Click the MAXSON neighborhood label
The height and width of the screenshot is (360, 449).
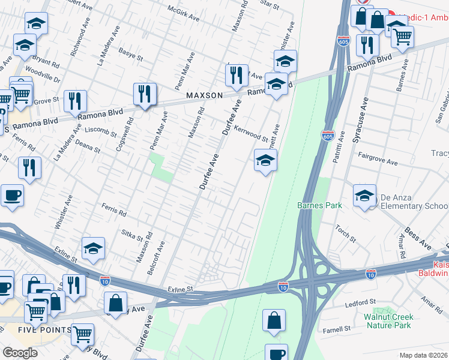204,95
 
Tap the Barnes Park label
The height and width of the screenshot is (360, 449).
319,205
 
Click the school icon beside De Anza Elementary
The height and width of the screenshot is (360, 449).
364,196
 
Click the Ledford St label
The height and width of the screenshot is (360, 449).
360,304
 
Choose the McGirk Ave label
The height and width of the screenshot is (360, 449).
184,14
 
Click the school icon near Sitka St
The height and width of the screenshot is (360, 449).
94,250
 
